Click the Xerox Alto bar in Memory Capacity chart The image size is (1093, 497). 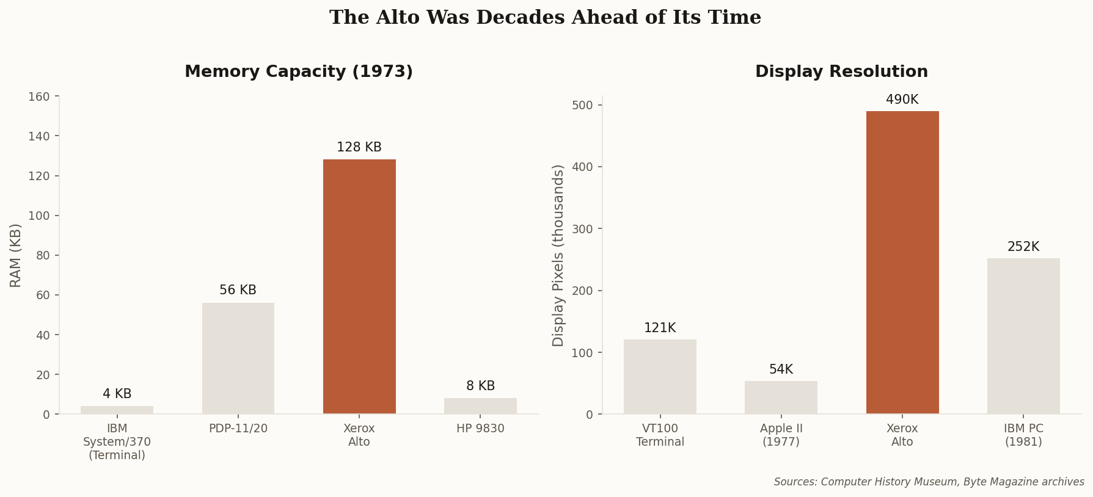pos(359,286)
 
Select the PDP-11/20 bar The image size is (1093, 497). pos(238,358)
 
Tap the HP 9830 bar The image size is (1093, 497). pos(480,406)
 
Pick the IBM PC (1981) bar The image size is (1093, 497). pos(1023,336)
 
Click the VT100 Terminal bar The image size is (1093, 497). pos(660,377)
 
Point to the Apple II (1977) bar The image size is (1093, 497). pos(781,397)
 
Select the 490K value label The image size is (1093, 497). pos(902,100)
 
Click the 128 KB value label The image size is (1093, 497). pos(359,147)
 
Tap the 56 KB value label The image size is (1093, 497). pos(238,290)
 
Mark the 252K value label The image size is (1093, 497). pos(1023,247)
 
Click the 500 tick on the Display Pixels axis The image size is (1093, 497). pos(583,105)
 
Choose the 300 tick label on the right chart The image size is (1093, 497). pos(583,229)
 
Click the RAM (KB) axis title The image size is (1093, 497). pos(16,255)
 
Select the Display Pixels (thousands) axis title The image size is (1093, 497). pos(558,255)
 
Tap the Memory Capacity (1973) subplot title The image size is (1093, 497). pos(299,72)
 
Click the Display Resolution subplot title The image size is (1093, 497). pos(841,72)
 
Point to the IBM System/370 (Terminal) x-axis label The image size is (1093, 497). pos(117,441)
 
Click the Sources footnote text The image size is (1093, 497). pos(929,482)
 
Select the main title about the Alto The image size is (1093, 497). pos(545,18)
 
